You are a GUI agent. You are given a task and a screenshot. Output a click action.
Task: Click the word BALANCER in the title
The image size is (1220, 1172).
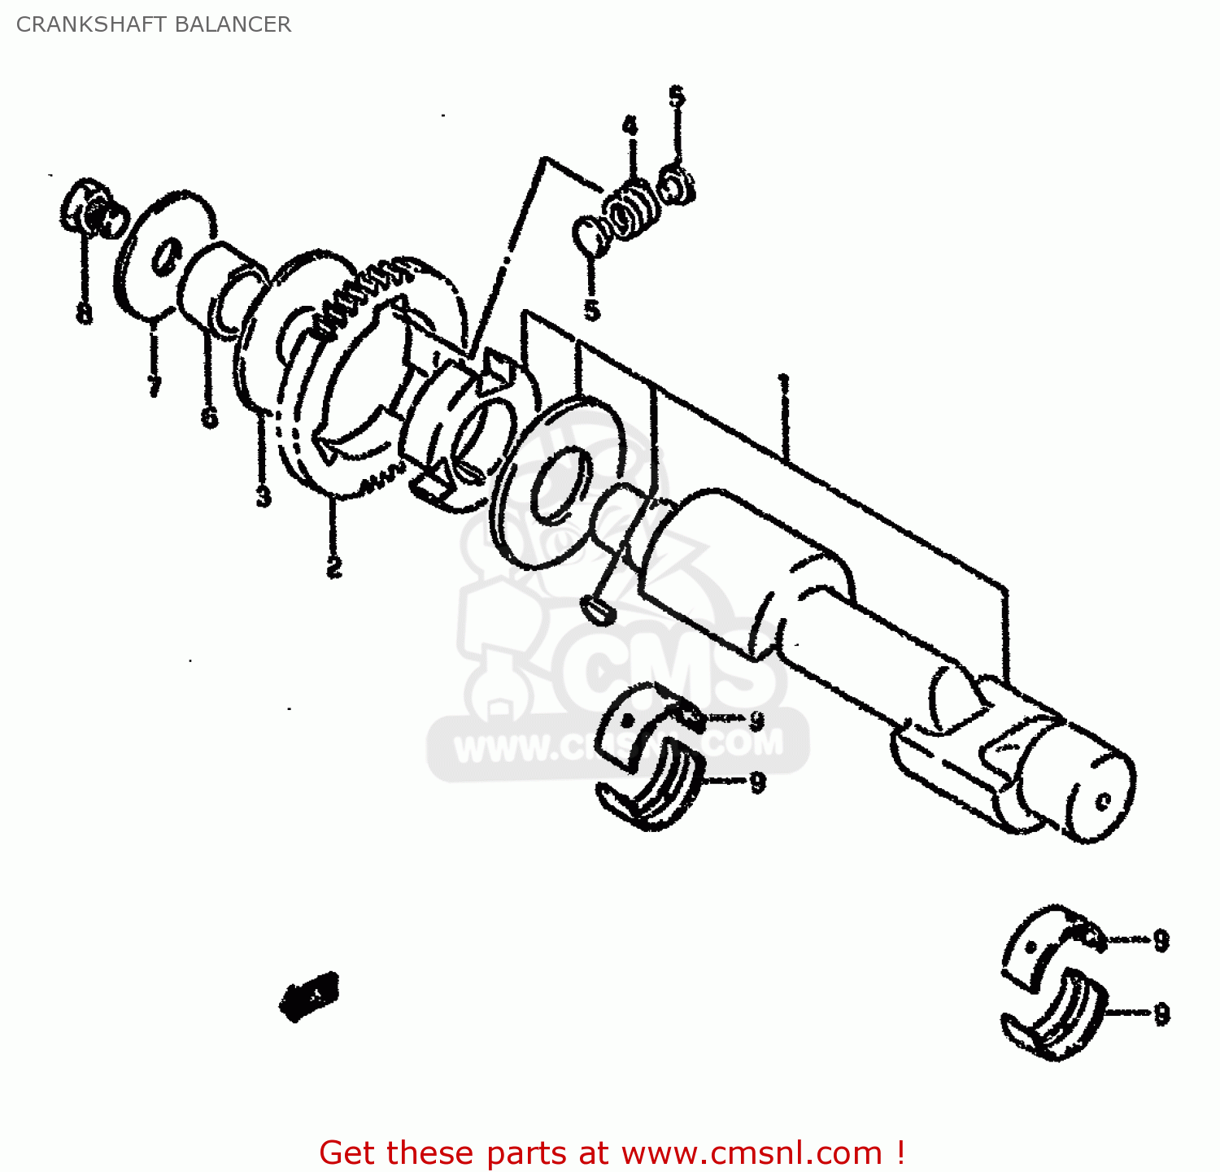233,24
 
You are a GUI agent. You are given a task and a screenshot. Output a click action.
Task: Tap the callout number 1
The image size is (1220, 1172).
784,383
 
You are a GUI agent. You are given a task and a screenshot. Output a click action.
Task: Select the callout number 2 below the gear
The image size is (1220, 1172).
333,566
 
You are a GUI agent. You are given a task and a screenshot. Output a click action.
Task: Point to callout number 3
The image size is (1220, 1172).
263,495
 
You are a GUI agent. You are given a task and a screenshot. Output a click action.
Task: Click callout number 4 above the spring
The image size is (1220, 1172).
630,126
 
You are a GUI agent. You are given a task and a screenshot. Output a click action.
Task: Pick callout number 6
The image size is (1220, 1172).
209,417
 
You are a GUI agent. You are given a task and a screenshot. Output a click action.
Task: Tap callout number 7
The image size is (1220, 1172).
154,385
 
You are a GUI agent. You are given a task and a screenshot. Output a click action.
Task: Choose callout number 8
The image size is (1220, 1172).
84,313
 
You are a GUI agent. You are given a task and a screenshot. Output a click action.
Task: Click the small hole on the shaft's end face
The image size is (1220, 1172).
1104,802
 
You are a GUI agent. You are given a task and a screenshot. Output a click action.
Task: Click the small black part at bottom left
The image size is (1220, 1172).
309,995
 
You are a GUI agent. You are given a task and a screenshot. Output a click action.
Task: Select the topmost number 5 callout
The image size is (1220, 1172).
677,97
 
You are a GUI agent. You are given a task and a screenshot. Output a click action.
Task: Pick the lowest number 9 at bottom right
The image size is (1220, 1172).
1161,1013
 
